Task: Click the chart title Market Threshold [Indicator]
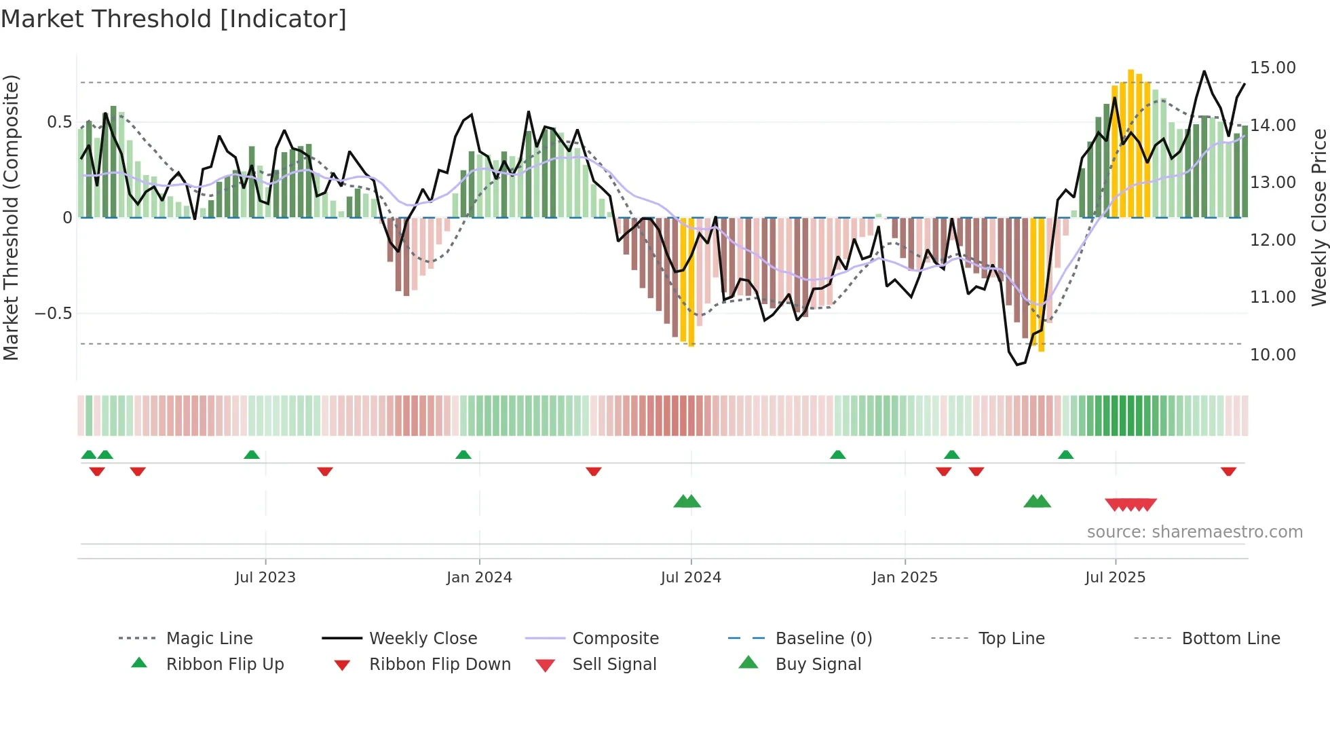(x=174, y=19)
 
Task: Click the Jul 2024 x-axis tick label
(x=691, y=578)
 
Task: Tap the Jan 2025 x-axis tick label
(x=905, y=578)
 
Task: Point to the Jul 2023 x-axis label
(x=265, y=578)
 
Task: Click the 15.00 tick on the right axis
(x=1273, y=68)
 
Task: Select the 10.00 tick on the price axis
(x=1273, y=355)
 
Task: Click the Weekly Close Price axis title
(x=1318, y=217)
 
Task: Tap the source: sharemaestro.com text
(x=1194, y=532)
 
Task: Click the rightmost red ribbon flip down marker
(x=1228, y=471)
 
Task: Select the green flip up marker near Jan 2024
(x=463, y=455)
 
